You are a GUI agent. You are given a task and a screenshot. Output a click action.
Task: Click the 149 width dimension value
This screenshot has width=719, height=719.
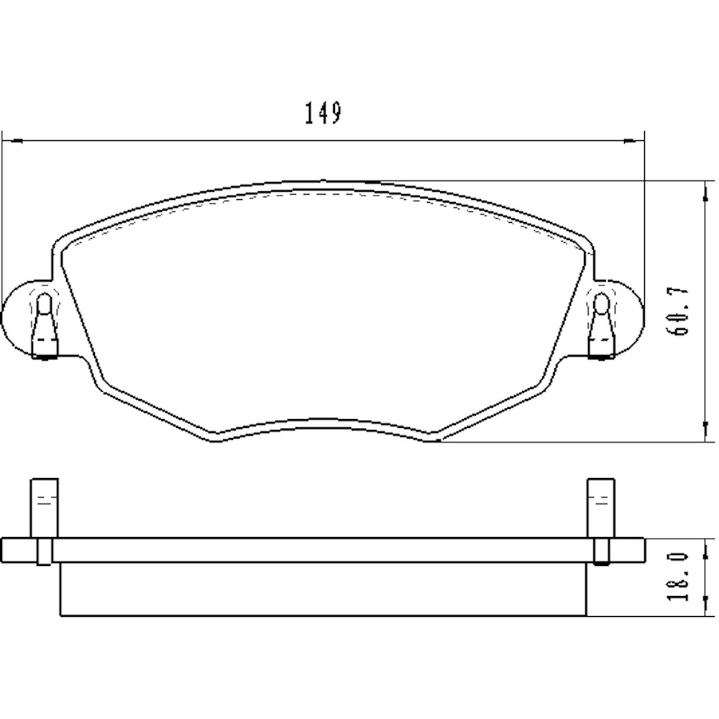[321, 114]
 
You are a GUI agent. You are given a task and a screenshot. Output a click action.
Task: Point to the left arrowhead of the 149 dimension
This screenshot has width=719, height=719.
[10, 140]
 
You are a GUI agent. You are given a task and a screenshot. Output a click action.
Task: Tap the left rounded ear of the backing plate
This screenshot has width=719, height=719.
[18, 317]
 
